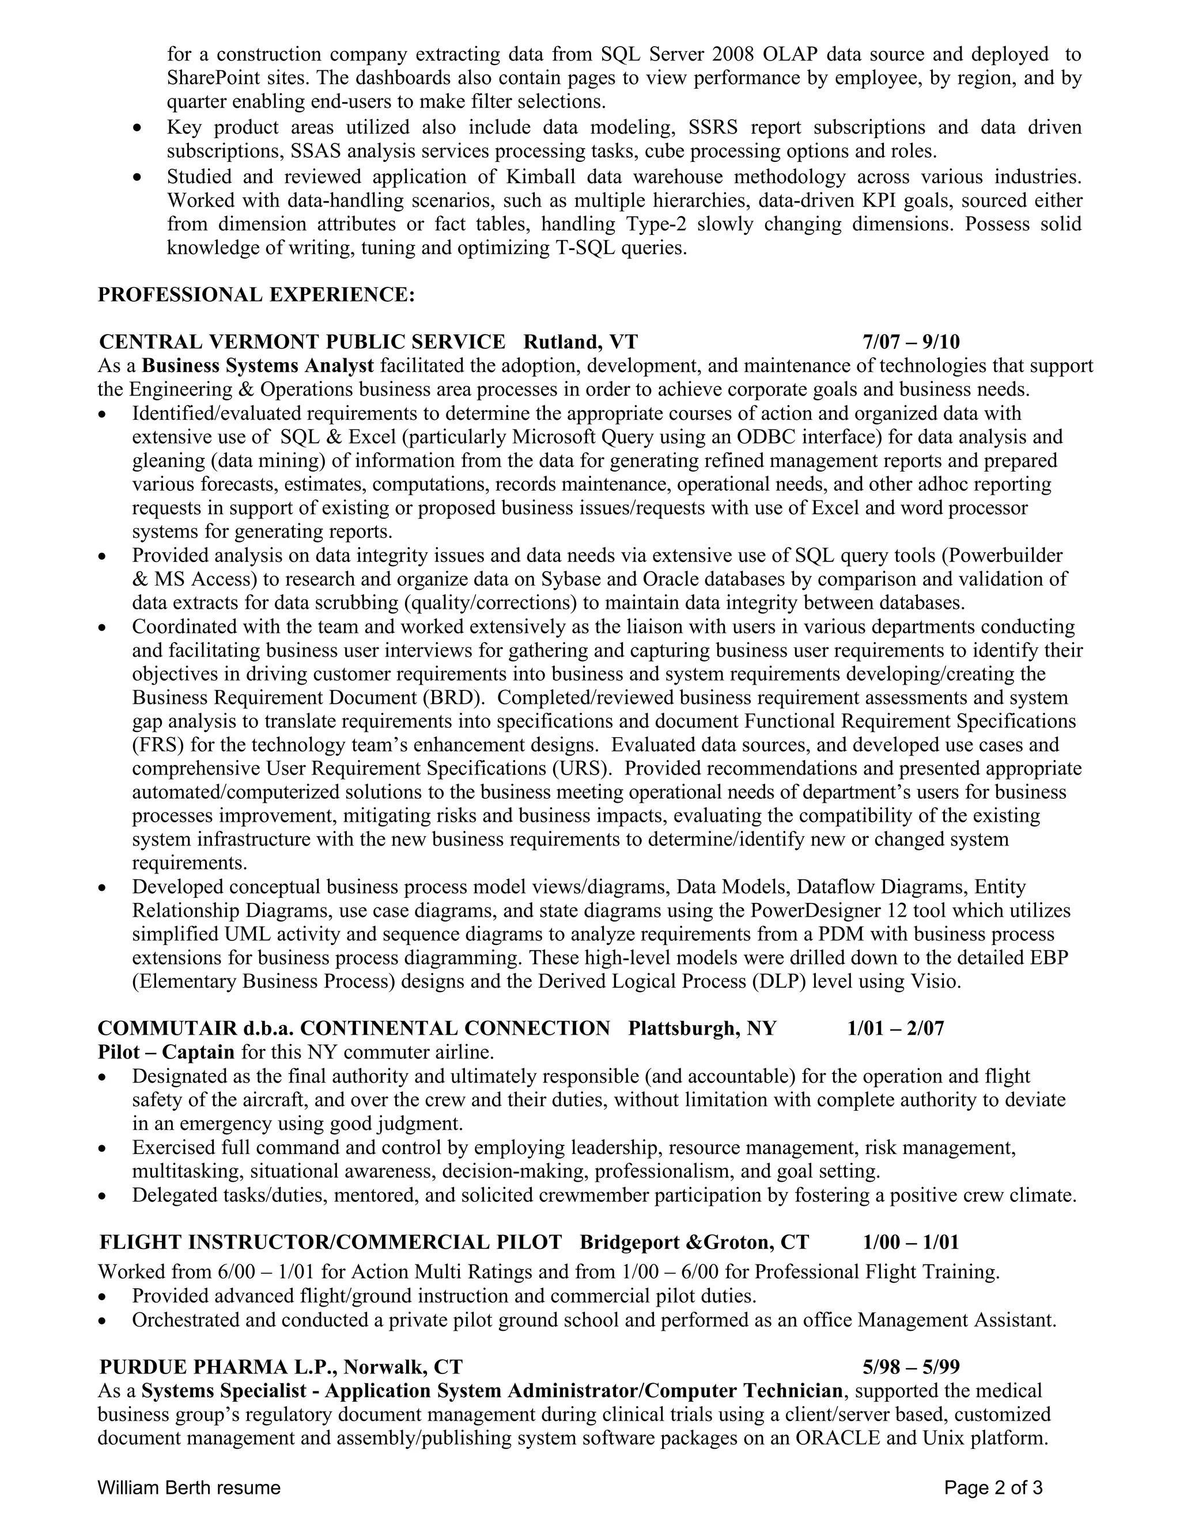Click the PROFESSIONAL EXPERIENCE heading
coord(256,295)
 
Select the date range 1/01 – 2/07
coord(895,1028)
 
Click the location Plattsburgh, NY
coord(702,1028)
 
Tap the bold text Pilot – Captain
coord(167,1052)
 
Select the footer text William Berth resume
coord(189,1487)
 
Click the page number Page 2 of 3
coord(993,1487)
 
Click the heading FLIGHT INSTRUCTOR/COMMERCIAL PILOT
coord(330,1242)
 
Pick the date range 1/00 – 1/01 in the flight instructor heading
coord(911,1242)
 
